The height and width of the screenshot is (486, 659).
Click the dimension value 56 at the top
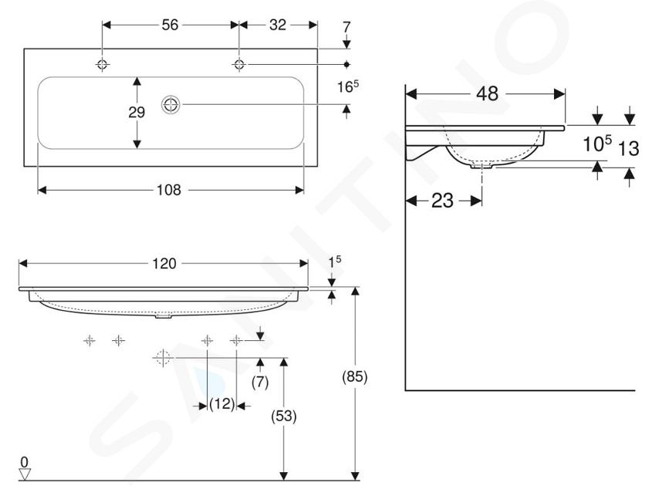[x=171, y=25]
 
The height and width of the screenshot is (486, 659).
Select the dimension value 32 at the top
[x=278, y=25]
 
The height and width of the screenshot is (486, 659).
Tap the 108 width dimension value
[x=169, y=190]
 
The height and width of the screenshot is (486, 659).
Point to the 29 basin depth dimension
[x=137, y=112]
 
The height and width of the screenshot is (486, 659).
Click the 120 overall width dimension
[x=164, y=263]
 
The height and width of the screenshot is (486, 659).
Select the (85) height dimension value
[x=355, y=376]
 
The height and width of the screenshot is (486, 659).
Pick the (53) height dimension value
[x=284, y=416]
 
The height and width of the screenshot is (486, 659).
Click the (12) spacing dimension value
[x=222, y=404]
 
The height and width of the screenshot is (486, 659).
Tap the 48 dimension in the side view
[x=488, y=93]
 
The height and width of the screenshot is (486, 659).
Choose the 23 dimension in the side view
[x=443, y=201]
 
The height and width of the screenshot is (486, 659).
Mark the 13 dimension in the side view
[x=629, y=148]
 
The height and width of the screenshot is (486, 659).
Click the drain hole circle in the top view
[x=171, y=105]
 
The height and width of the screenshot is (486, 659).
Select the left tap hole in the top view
[x=103, y=65]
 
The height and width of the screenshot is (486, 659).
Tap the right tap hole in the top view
[x=239, y=65]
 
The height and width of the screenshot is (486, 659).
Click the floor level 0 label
[x=25, y=462]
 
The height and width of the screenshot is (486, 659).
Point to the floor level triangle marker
[x=25, y=474]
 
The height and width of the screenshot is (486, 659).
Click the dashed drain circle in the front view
[x=163, y=358]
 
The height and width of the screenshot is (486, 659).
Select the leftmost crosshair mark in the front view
[x=90, y=340]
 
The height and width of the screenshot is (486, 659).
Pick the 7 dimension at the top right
[x=346, y=27]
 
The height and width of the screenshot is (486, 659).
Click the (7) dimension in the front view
[x=260, y=382]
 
